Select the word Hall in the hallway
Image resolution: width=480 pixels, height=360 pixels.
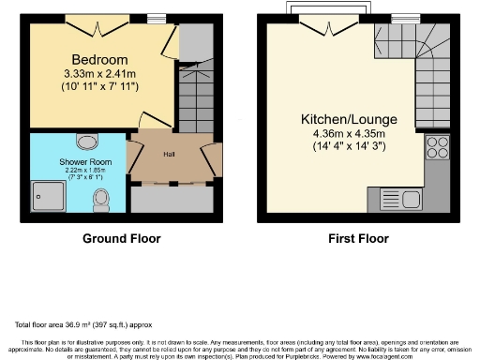[x=170, y=154]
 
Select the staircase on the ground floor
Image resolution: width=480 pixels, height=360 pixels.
[x=197, y=94]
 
